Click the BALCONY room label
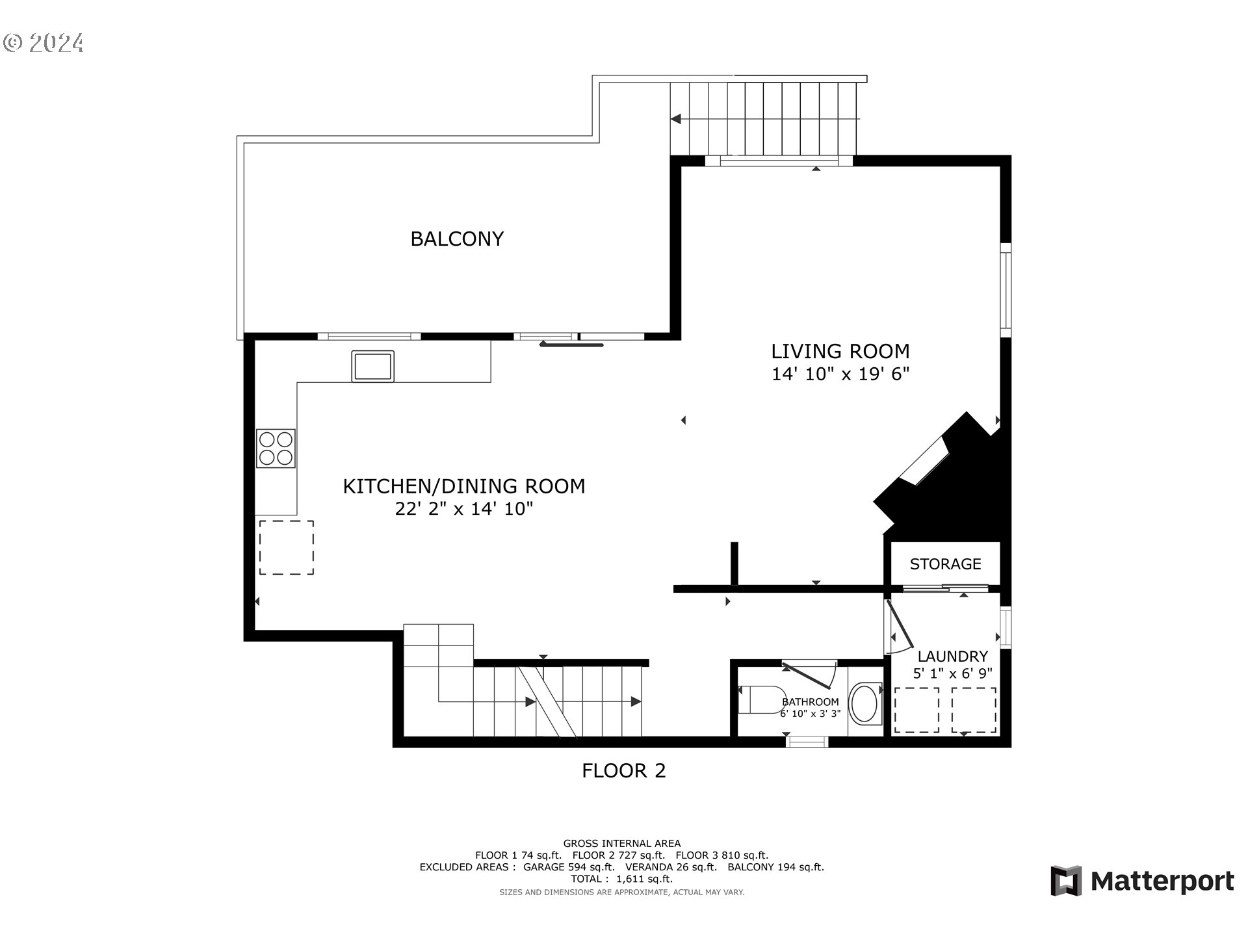click(457, 239)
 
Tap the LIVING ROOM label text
click(840, 352)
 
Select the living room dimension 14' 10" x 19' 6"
click(840, 374)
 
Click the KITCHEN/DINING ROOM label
click(464, 486)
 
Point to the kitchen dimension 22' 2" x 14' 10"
click(464, 509)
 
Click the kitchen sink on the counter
click(372, 366)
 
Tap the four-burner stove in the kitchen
click(276, 448)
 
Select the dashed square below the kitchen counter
click(287, 547)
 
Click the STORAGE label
click(945, 564)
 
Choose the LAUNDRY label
click(952, 656)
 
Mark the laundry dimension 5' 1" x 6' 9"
click(952, 673)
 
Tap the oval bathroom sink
click(864, 703)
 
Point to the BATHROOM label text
click(811, 702)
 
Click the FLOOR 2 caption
click(623, 771)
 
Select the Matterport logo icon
click(1067, 881)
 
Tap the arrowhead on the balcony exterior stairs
click(676, 119)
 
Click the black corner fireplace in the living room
click(942, 474)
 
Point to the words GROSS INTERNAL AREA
click(622, 844)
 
